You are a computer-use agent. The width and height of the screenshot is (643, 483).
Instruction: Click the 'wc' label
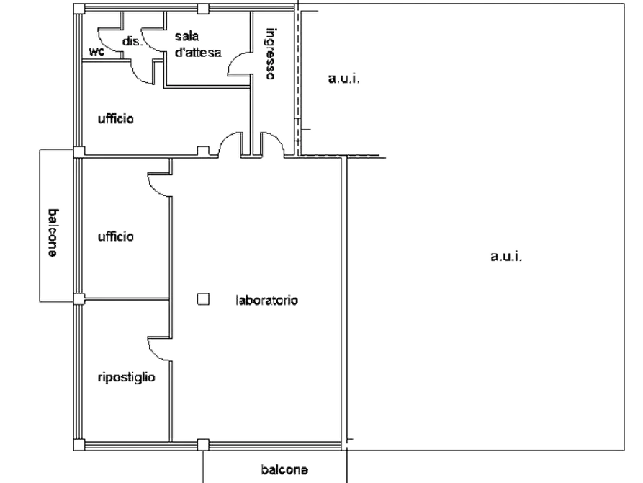[96, 52]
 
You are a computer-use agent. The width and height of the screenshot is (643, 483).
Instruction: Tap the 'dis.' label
[132, 42]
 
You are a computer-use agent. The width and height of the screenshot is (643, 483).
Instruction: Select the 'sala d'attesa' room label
[198, 45]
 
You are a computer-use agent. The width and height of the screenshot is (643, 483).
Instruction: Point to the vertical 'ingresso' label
[270, 53]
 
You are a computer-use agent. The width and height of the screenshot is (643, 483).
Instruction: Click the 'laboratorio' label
[267, 300]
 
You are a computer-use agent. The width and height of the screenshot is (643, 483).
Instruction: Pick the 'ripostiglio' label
[126, 378]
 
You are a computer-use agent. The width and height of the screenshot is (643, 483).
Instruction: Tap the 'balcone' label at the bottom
[284, 469]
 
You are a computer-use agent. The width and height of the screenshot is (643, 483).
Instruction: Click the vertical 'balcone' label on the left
[53, 233]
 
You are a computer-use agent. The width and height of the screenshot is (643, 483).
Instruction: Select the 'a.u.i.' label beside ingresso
[343, 79]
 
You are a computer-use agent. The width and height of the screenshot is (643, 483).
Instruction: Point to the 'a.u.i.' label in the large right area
[506, 257]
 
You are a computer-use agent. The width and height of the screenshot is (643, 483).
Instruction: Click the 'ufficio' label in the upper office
[116, 119]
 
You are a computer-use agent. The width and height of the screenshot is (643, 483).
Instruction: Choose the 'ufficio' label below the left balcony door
[116, 236]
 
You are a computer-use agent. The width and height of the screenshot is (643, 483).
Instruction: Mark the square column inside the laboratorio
[203, 299]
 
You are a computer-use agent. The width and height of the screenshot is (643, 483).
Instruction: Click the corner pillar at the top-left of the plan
[79, 9]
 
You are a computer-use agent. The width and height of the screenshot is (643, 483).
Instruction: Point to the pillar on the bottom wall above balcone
[203, 445]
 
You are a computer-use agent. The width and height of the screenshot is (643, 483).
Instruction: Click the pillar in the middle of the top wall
[203, 9]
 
